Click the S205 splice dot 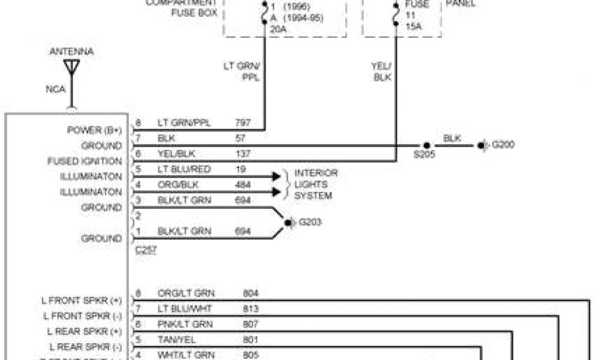pyautogui.click(x=426, y=146)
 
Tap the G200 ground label pyautogui.click(x=503, y=145)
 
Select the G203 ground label pyautogui.click(x=311, y=222)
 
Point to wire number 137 pyautogui.click(x=242, y=154)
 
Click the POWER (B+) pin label pyautogui.click(x=94, y=130)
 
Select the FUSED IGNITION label pyautogui.click(x=85, y=161)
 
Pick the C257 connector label pyautogui.click(x=146, y=250)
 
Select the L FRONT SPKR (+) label pyautogui.click(x=82, y=299)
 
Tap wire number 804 pyautogui.click(x=251, y=293)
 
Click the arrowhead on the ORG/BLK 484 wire pyautogui.click(x=276, y=192)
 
